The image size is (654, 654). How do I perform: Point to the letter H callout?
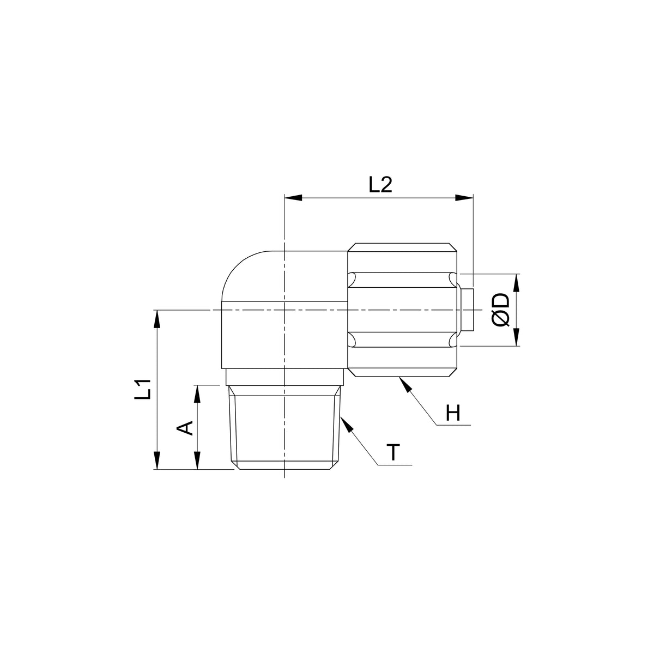click(x=453, y=413)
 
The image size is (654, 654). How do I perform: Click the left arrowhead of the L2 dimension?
click(x=293, y=198)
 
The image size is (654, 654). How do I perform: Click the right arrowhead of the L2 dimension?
click(x=464, y=198)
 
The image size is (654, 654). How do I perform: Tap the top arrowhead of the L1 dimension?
click(x=156, y=319)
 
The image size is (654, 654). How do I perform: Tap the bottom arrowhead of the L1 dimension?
click(x=156, y=461)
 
